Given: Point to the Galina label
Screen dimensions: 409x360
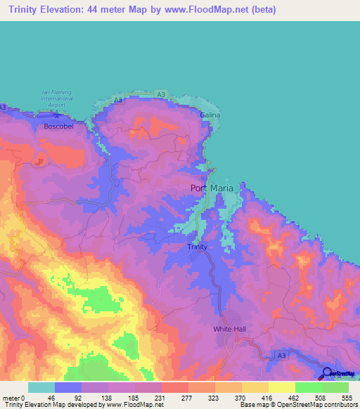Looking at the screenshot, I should (210, 115).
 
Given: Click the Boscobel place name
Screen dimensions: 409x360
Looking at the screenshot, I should (58, 126).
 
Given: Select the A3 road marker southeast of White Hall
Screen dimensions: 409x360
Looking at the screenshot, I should (281, 357).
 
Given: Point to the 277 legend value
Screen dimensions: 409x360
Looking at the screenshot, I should (187, 397).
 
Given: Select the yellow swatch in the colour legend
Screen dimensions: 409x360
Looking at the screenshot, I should (281, 387).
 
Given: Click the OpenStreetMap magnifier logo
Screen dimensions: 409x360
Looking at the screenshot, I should (326, 373).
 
